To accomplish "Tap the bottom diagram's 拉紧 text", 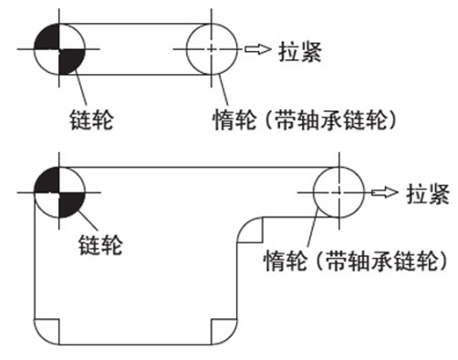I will (425, 193).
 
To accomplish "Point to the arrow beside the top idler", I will (260, 47).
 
